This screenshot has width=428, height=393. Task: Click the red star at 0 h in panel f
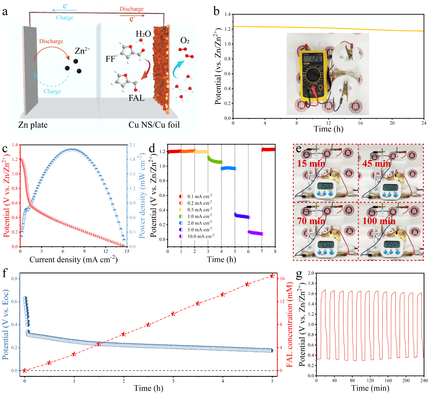[x=25, y=370]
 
